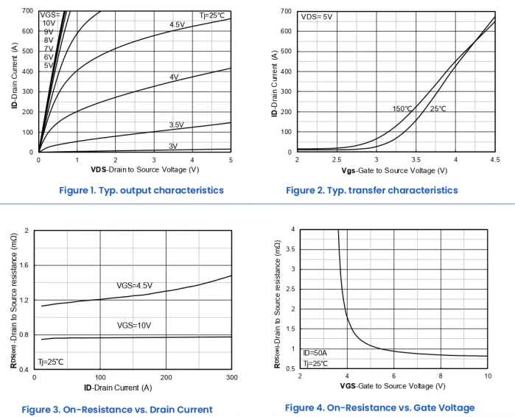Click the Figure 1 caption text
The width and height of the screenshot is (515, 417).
tap(141, 190)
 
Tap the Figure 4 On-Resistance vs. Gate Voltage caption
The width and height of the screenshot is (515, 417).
tap(379, 407)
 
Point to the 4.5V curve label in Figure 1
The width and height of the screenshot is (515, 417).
tap(177, 25)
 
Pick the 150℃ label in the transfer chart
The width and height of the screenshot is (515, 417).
tap(402, 108)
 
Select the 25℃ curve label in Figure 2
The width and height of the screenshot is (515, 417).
tap(438, 108)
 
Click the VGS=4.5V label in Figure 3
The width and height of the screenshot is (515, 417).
tap(139, 285)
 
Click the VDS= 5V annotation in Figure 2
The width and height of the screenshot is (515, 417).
tap(317, 16)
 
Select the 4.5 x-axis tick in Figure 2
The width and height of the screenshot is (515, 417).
tap(494, 159)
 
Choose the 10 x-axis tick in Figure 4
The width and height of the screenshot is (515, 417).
tap(488, 376)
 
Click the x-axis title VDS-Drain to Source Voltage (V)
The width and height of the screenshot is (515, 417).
tap(135, 169)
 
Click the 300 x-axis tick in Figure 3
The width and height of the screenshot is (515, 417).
tap(231, 377)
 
